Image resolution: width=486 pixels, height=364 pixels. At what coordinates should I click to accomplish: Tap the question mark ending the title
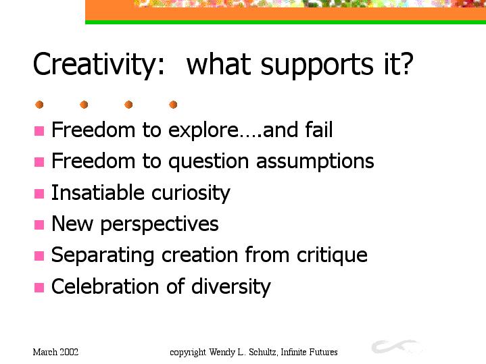(x=406, y=63)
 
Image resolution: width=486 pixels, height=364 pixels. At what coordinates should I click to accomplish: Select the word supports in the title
(x=317, y=66)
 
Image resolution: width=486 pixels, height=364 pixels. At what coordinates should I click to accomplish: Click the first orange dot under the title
(x=39, y=105)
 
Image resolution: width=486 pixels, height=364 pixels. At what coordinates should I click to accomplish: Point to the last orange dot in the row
(x=173, y=105)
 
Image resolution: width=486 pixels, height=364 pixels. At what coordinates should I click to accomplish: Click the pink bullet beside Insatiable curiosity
(x=39, y=194)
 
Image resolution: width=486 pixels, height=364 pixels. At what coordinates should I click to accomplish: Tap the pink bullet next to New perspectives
(x=39, y=225)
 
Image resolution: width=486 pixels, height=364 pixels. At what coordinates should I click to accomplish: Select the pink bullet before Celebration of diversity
(x=39, y=288)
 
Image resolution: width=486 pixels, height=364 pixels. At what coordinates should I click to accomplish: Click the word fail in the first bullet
(x=319, y=129)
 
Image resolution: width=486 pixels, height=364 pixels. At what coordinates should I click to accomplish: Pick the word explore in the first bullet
(x=203, y=131)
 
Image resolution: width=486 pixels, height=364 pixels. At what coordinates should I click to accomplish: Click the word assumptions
(x=315, y=162)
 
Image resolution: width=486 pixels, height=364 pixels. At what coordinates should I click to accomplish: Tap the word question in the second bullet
(x=209, y=162)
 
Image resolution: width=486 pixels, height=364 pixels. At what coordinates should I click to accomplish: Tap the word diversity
(x=231, y=287)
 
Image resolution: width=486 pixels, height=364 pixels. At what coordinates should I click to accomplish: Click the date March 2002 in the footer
(x=56, y=353)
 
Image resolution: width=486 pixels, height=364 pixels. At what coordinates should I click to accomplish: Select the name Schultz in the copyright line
(x=263, y=353)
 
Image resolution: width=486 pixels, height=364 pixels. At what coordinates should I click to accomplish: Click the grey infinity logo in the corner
(x=396, y=346)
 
